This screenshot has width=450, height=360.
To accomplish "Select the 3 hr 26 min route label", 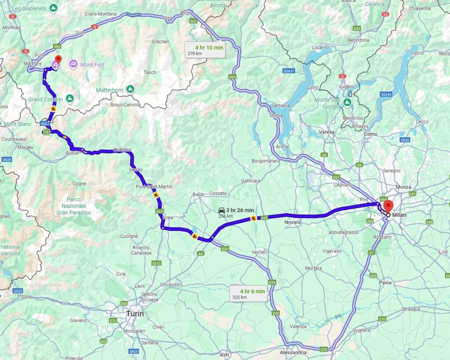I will (236, 212).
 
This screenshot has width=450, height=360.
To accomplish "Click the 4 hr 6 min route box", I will (249, 294).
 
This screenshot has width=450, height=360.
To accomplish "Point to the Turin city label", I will (135, 313).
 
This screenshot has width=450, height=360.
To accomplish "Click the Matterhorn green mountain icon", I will (130, 89).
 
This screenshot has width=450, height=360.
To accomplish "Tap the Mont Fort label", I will (92, 65).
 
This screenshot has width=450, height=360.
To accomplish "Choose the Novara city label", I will (292, 222).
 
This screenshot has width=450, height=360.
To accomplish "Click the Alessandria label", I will (294, 352).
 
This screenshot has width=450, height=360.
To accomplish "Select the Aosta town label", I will (72, 152).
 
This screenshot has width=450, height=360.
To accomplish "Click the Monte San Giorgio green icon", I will (347, 103).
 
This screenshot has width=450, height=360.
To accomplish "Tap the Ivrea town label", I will (168, 219).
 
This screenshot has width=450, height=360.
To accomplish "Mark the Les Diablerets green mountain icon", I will (53, 8).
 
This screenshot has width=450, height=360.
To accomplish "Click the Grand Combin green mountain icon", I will (69, 98).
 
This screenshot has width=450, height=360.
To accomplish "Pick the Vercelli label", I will (259, 252).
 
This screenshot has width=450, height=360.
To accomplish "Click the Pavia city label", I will (385, 282).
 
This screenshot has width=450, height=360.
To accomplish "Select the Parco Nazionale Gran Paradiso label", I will (73, 205).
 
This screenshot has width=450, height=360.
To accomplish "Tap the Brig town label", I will (185, 13).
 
